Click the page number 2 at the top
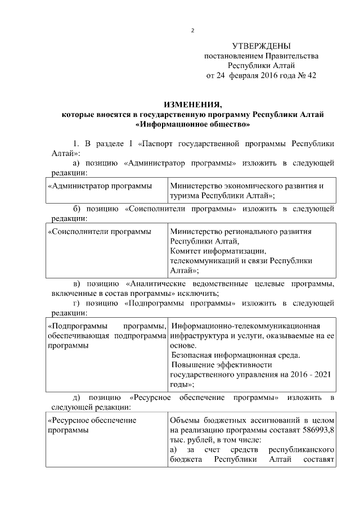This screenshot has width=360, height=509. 192,30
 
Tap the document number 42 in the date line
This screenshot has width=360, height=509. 310,76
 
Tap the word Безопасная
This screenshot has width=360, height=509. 193,355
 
